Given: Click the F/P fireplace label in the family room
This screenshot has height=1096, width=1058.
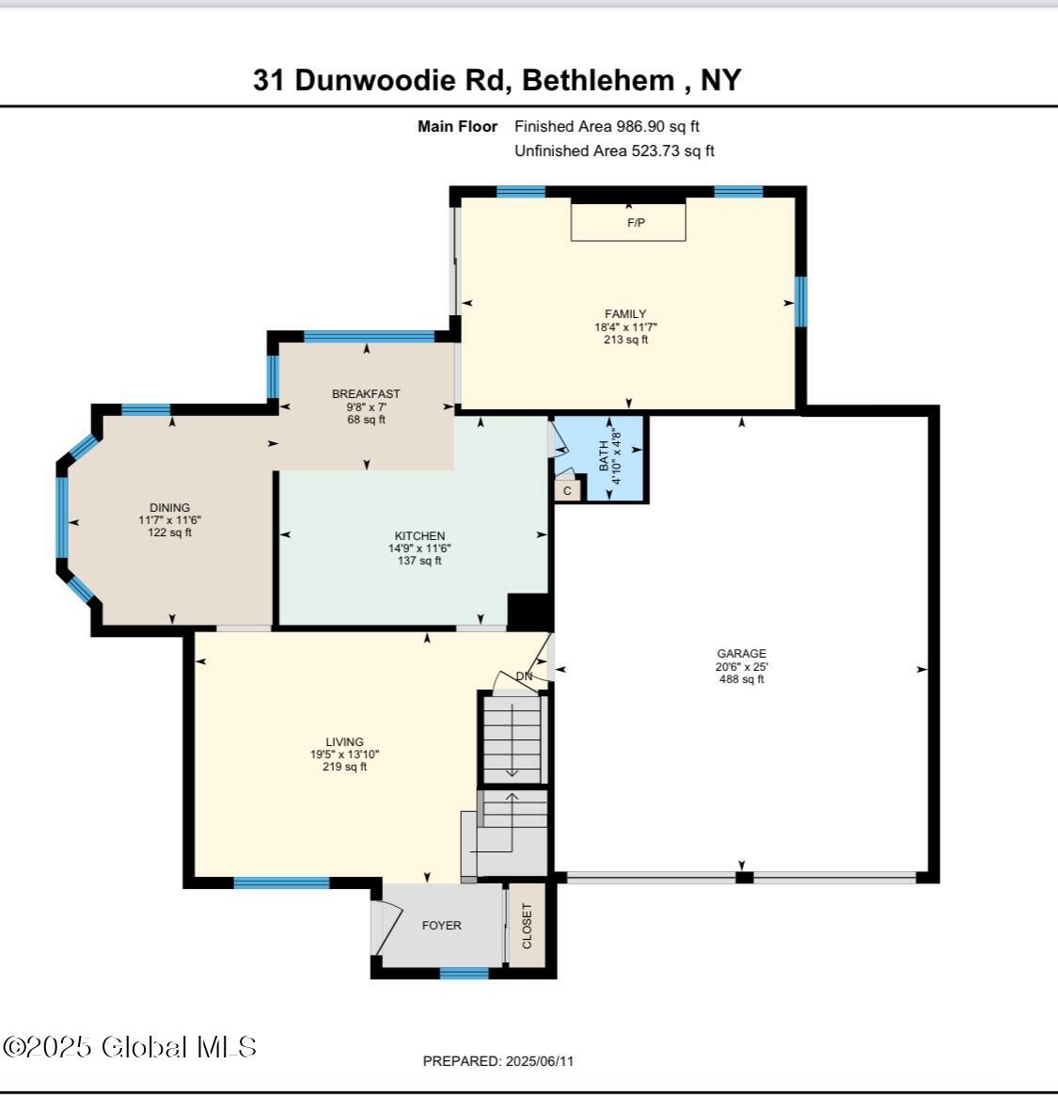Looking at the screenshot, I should [x=636, y=223].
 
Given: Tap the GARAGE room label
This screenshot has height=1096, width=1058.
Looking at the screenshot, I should [x=741, y=654].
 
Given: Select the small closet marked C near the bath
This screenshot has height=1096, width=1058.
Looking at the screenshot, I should [x=567, y=490].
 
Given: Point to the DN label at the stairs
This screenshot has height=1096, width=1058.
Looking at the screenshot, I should [x=524, y=676].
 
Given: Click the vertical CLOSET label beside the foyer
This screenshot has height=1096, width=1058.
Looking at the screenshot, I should [x=527, y=926].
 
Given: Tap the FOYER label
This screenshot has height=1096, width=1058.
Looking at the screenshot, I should [x=441, y=926].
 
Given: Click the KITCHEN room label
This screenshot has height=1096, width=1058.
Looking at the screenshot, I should [x=419, y=536].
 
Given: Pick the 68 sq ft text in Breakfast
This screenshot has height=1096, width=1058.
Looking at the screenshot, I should [x=366, y=420].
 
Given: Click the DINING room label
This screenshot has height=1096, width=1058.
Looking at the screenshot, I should [x=169, y=508].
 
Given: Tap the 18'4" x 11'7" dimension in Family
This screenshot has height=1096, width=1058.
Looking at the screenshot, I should [x=625, y=327].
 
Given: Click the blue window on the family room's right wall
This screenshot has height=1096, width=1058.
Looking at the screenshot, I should [x=800, y=301].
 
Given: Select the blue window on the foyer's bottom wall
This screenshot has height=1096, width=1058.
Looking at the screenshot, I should [x=465, y=974].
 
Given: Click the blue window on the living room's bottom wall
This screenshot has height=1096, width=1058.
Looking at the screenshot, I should [x=281, y=882].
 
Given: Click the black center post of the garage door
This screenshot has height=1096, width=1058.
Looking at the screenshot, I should [x=744, y=878].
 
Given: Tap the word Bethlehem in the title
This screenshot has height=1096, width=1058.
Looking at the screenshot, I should [x=597, y=80].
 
